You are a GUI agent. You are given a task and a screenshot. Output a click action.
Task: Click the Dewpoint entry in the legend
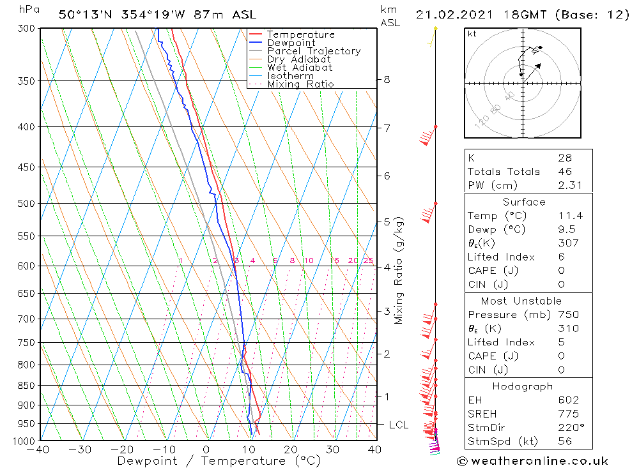[291, 43]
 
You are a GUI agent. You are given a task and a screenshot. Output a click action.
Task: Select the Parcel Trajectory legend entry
[314, 51]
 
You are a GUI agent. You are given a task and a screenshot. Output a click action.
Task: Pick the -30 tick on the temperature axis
[80, 449]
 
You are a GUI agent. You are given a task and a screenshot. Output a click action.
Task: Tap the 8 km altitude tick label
[387, 80]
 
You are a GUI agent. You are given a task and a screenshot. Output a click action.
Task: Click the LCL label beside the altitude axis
[399, 425]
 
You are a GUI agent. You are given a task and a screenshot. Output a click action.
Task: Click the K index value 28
[565, 158]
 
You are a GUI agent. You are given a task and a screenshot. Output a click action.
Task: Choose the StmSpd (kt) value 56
[565, 441]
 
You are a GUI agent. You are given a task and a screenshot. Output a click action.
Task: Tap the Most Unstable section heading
[529, 301]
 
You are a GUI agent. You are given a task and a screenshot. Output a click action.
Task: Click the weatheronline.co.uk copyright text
[532, 461]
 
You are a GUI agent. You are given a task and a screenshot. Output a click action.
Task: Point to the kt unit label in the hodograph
[472, 34]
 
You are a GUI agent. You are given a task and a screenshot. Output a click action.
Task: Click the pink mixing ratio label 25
[368, 260]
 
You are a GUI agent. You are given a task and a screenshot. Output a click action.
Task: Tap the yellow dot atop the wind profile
[436, 28]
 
